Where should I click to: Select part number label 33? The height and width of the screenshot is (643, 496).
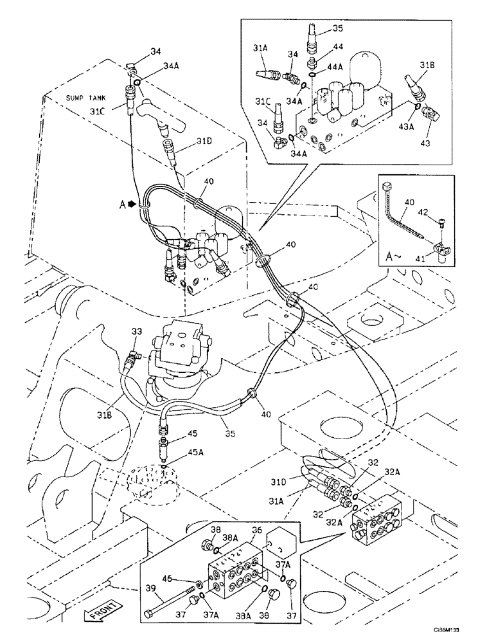pyautogui.click(x=136, y=332)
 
